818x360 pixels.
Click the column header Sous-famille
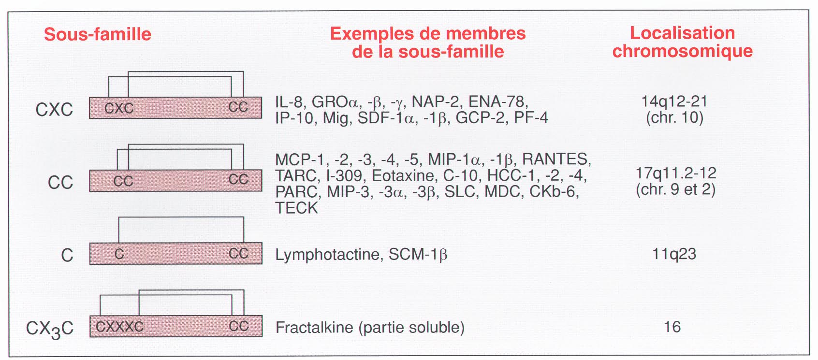coord(98,34)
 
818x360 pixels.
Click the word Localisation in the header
coord(682,33)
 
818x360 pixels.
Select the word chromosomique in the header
coord(682,51)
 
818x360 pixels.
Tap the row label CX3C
coord(50,329)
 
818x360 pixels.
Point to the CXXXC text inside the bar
coord(119,326)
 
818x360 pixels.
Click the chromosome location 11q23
coord(674,254)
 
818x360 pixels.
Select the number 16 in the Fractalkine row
coord(672,327)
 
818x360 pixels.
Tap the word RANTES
coord(555,159)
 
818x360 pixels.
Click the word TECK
coord(296,208)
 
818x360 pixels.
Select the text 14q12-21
coord(674,101)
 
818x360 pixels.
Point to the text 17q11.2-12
coord(676,173)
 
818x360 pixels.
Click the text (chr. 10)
coord(674,118)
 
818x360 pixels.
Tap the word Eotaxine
coord(403,176)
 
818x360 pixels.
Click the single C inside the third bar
coord(119,254)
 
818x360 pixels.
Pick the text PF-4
coord(531,118)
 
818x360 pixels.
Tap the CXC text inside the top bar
coord(119,108)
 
